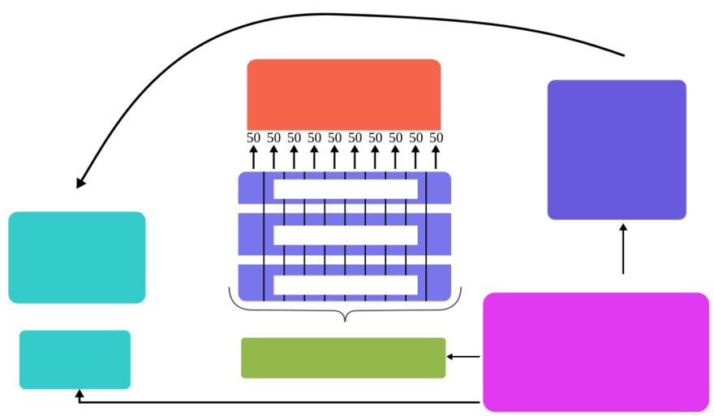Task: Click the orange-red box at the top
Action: [343, 93]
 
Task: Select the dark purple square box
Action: [617, 149]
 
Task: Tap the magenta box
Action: [596, 352]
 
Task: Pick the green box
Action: [343, 357]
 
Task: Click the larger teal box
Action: [77, 258]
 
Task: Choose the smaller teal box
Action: [75, 359]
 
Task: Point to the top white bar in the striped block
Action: [346, 188]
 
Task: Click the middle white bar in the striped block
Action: [346, 235]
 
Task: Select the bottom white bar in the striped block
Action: [346, 284]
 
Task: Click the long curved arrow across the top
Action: [325, 15]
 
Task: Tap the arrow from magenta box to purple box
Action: [623, 250]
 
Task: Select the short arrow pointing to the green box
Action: [463, 357]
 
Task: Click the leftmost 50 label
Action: [254, 138]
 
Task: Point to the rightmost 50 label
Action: [437, 138]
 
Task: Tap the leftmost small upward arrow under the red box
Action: [254, 157]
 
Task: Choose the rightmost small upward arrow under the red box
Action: [436, 157]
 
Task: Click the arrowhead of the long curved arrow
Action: [80, 183]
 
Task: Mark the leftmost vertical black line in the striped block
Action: [265, 236]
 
